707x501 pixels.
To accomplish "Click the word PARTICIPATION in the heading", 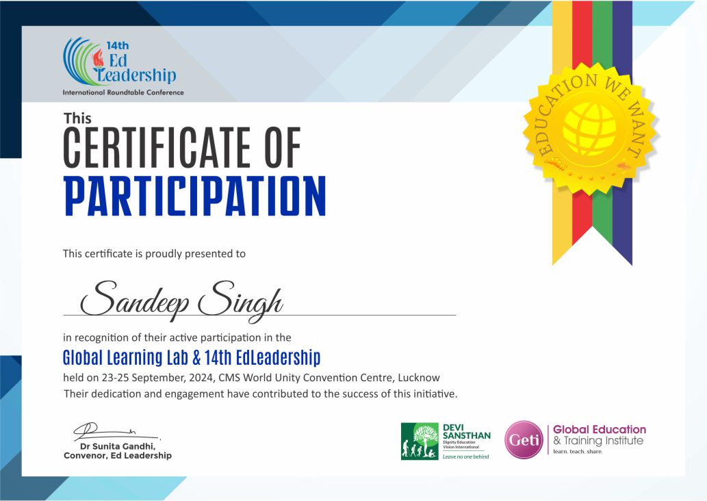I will coord(194,197).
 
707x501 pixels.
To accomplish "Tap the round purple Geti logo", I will coord(524,439).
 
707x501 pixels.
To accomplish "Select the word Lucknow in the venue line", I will coord(420,378).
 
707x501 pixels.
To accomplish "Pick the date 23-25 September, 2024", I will coord(155,378).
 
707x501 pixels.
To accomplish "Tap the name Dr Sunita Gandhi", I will coord(119,446).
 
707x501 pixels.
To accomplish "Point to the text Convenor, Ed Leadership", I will coord(118,456).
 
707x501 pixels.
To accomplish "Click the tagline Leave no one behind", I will coord(466,457).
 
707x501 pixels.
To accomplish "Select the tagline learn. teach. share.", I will coord(578,452).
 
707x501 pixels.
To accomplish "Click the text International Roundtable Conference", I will coord(123,92).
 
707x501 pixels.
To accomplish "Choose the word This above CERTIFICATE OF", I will coord(77,118).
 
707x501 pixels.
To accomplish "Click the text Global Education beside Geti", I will coord(600,430).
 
